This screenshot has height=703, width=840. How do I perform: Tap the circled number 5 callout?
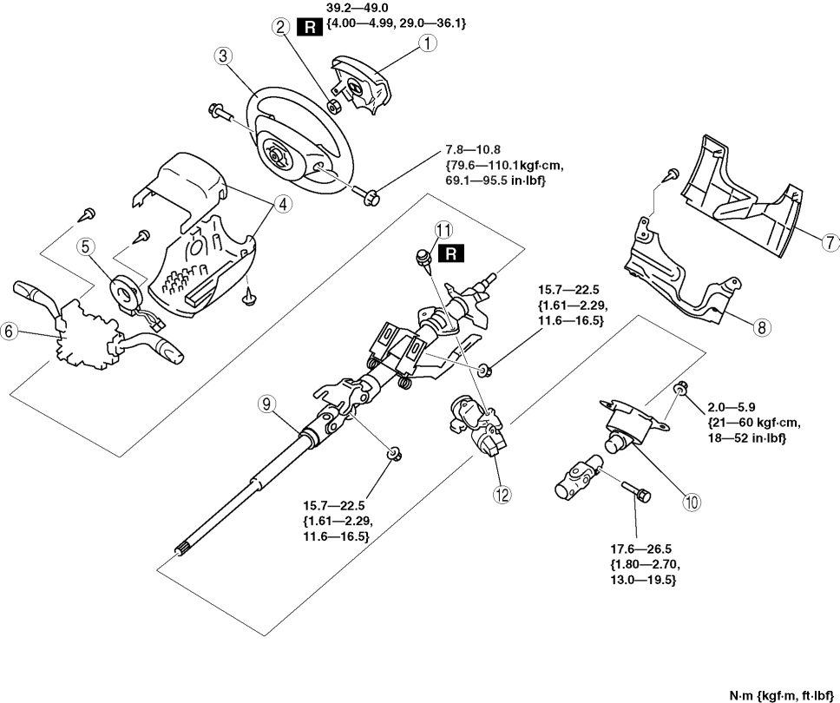tap(85, 246)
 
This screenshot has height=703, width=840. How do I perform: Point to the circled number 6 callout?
tap(10, 332)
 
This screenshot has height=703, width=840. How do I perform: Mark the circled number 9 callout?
tap(268, 404)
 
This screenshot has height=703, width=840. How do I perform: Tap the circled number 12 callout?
tap(502, 493)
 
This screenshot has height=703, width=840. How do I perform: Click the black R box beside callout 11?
tap(452, 253)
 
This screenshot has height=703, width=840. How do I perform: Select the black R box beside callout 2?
tap(310, 28)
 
